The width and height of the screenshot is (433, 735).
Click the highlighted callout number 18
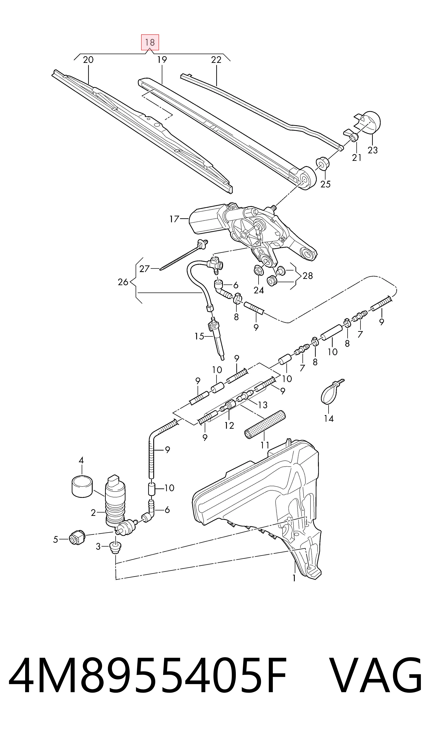pos(150,42)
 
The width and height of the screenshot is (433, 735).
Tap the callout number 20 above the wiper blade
pos(88,60)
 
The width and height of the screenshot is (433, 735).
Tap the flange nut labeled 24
pos(258,270)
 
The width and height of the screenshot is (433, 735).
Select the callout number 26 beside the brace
pos(123,282)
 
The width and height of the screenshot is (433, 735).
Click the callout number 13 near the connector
pos(263,405)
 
